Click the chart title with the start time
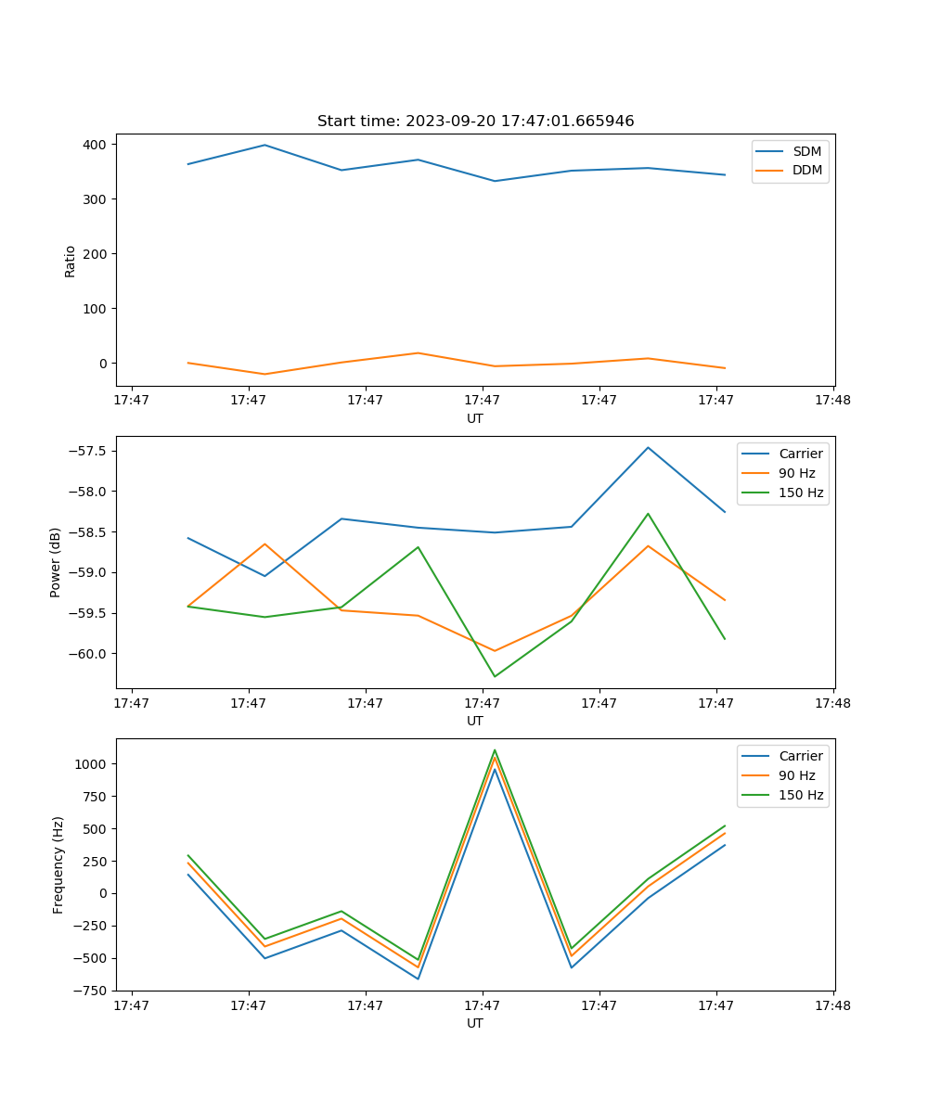click(475, 122)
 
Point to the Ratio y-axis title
click(71, 261)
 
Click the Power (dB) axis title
click(56, 562)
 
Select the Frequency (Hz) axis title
click(58, 864)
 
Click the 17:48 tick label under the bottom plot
click(832, 1005)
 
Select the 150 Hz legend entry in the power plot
click(801, 493)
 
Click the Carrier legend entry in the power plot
click(800, 454)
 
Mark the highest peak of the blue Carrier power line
click(648, 448)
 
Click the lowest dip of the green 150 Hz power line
click(494, 676)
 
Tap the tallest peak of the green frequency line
click(495, 750)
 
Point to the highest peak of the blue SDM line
click(264, 145)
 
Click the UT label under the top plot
click(475, 418)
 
